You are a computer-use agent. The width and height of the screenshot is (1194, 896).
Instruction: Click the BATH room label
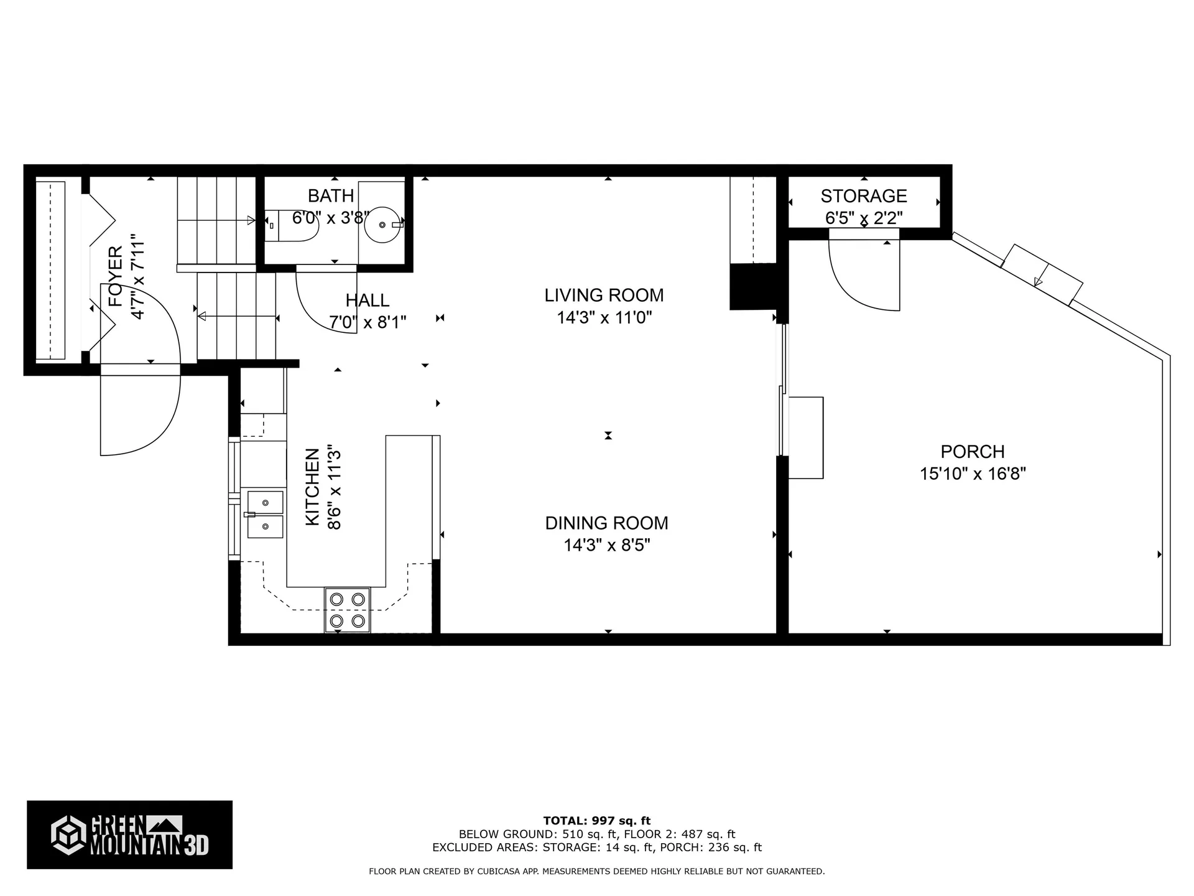tap(331, 196)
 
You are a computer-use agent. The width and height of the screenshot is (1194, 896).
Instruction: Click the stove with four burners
tap(347, 610)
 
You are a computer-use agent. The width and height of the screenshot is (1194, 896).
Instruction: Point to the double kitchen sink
tap(265, 514)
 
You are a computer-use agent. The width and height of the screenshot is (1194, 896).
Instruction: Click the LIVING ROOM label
tap(604, 295)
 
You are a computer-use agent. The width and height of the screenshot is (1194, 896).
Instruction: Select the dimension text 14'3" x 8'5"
tap(606, 545)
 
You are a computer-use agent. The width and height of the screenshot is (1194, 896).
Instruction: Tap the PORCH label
tap(972, 451)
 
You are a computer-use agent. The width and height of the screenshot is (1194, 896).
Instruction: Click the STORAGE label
tap(863, 196)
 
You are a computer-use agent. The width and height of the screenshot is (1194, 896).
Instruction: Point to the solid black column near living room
tap(753, 286)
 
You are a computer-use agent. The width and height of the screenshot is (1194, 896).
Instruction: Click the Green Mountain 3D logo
tap(129, 834)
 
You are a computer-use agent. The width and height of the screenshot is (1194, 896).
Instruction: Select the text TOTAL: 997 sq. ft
tap(596, 821)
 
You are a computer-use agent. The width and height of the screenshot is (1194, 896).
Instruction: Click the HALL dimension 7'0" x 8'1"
tap(368, 322)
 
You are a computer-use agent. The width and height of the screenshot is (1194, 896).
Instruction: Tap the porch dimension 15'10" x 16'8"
tap(972, 474)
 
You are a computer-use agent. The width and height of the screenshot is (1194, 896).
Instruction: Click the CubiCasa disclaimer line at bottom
tap(596, 872)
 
